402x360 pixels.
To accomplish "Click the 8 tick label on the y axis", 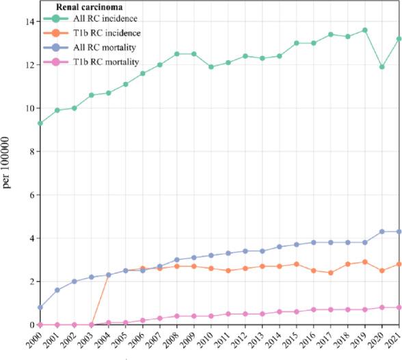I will pyautogui.click(x=29, y=152).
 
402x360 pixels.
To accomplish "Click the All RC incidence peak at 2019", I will pyautogui.click(x=365, y=30).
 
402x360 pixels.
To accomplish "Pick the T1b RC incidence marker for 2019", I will pyautogui.click(x=365, y=262).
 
